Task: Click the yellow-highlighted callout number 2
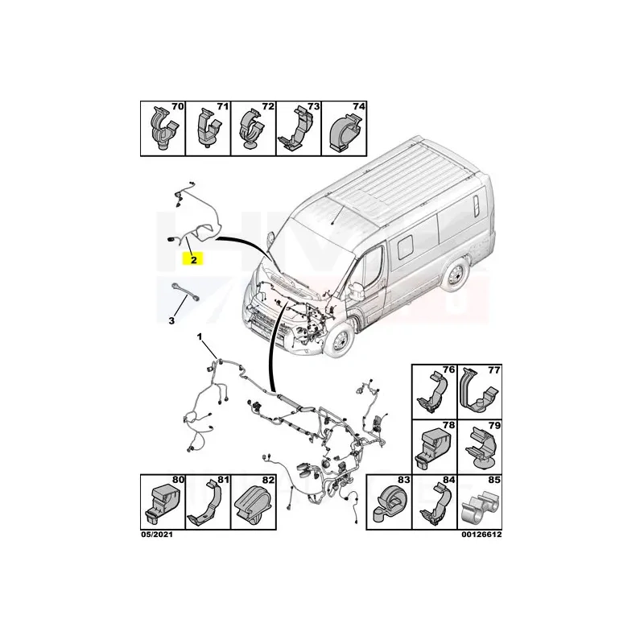pos(193,259)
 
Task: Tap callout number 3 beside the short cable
pos(171,320)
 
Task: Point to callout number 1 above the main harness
pos(200,337)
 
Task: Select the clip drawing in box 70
pos(163,129)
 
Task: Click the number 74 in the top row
pos(358,106)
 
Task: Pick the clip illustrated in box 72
pos(253,130)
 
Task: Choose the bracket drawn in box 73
pos(296,130)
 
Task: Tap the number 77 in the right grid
pos(493,370)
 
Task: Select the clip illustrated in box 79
pos(482,448)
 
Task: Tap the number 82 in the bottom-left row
pos(268,480)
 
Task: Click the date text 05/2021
pos(157,535)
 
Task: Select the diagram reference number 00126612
pos(481,535)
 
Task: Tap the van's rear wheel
pos(456,275)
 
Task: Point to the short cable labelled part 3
pos(185,291)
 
